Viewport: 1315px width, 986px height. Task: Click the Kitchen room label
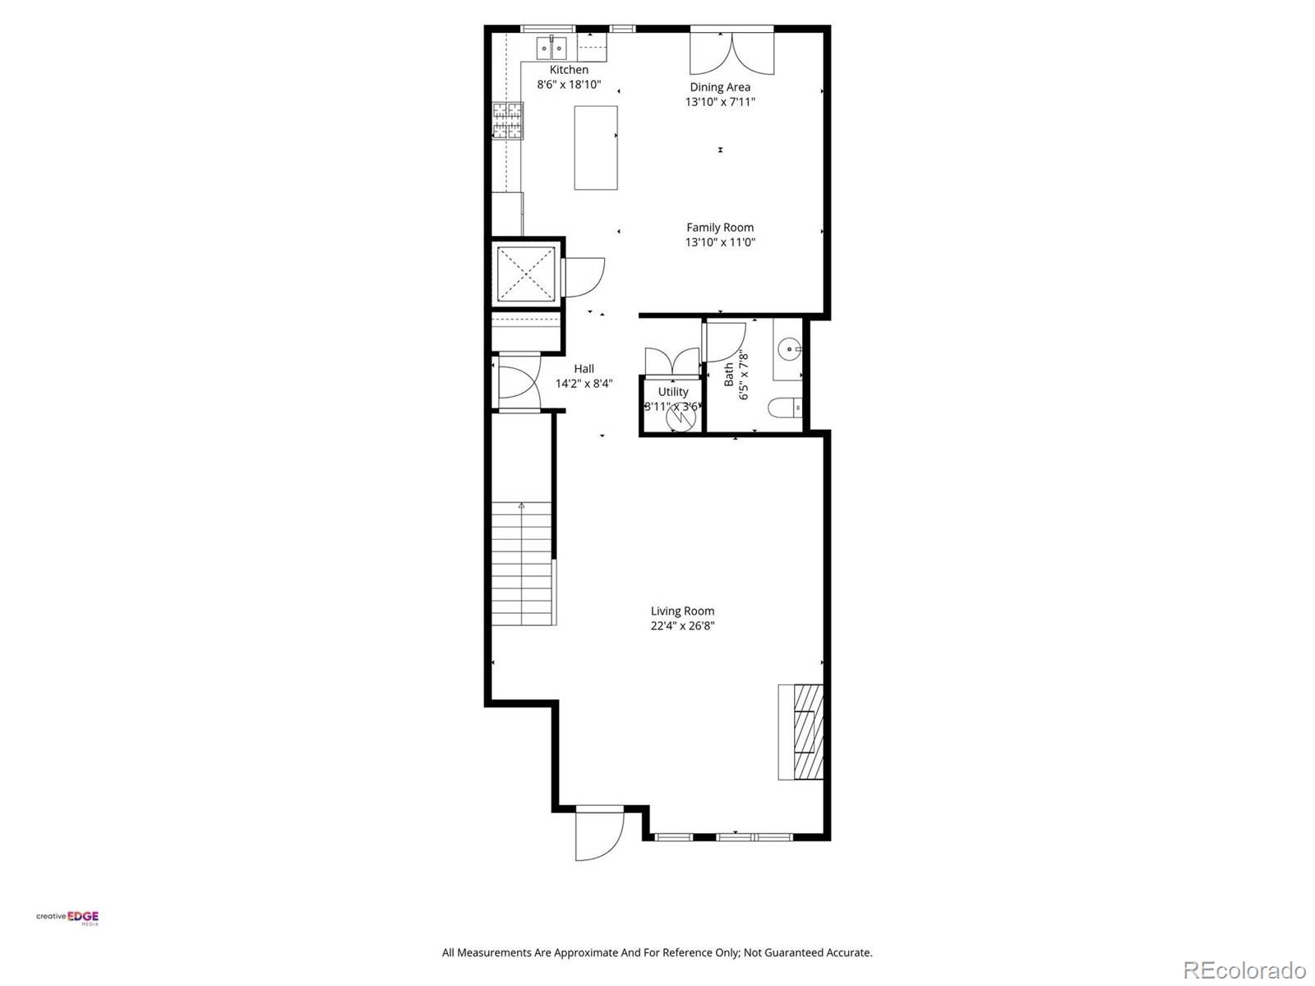(x=569, y=70)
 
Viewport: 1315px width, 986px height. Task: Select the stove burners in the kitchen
(x=508, y=120)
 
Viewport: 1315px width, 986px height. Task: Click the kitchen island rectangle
(x=596, y=148)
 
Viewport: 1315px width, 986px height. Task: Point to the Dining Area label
(x=720, y=87)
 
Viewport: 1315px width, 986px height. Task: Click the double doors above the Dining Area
(x=731, y=52)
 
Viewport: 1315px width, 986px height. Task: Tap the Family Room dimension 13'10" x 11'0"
(x=720, y=242)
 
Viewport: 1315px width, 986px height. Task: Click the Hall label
(x=584, y=369)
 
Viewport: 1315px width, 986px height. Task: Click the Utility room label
(x=673, y=392)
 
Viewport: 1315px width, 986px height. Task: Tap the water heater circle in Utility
(x=681, y=417)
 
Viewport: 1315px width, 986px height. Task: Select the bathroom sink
(x=789, y=349)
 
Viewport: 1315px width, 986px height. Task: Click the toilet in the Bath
(x=785, y=408)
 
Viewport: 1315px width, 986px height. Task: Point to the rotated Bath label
(x=728, y=375)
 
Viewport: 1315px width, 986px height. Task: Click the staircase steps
(x=522, y=567)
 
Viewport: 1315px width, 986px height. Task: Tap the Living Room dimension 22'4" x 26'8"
(x=682, y=626)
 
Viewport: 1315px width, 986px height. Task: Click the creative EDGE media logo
(x=67, y=918)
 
